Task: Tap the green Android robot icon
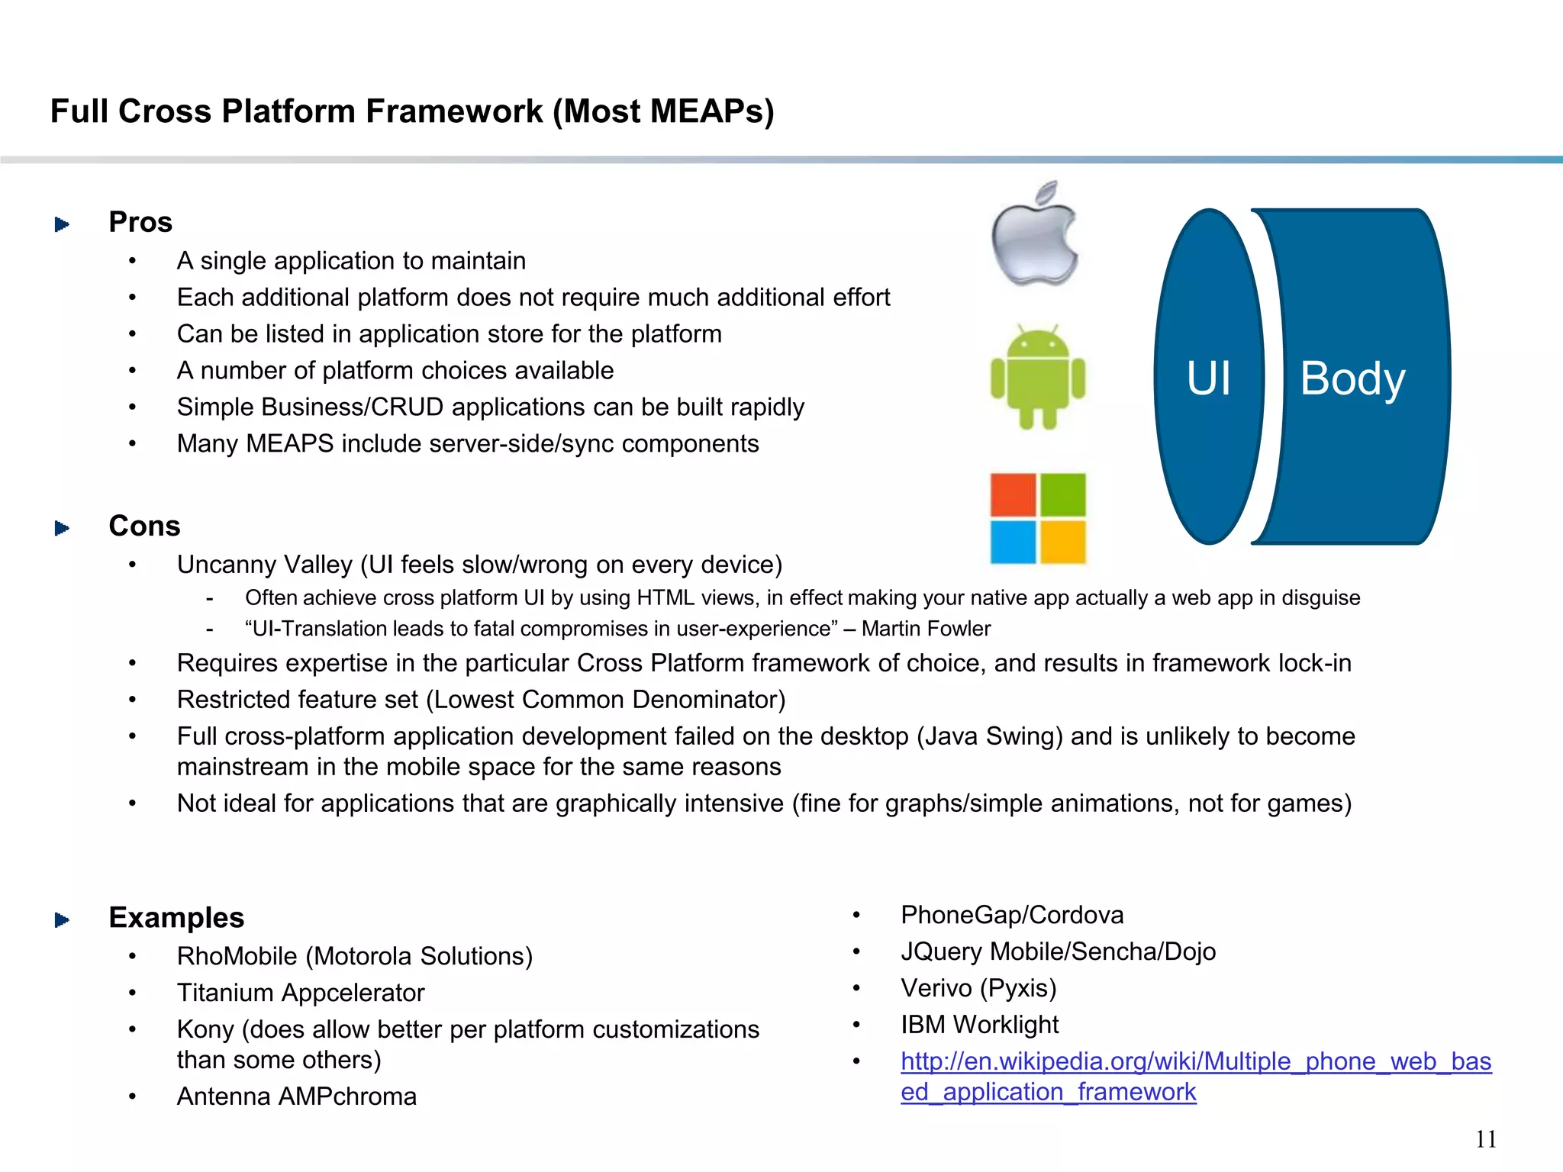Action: click(x=1037, y=377)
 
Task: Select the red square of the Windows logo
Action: click(x=1014, y=494)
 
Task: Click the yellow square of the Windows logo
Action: click(x=1063, y=541)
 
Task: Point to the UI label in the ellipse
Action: click(x=1208, y=378)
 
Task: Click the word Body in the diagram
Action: click(x=1352, y=378)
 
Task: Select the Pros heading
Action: click(x=140, y=222)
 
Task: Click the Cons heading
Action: click(x=144, y=526)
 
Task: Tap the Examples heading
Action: click(x=176, y=917)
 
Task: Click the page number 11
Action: click(x=1485, y=1139)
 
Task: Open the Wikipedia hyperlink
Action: click(x=1195, y=1061)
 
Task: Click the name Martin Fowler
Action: click(x=926, y=629)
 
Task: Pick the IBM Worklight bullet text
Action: click(x=979, y=1025)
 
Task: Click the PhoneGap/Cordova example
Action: click(x=1012, y=915)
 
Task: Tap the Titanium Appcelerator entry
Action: click(x=301, y=993)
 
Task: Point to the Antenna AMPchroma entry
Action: click(x=297, y=1096)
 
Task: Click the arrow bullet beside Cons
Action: click(x=63, y=528)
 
